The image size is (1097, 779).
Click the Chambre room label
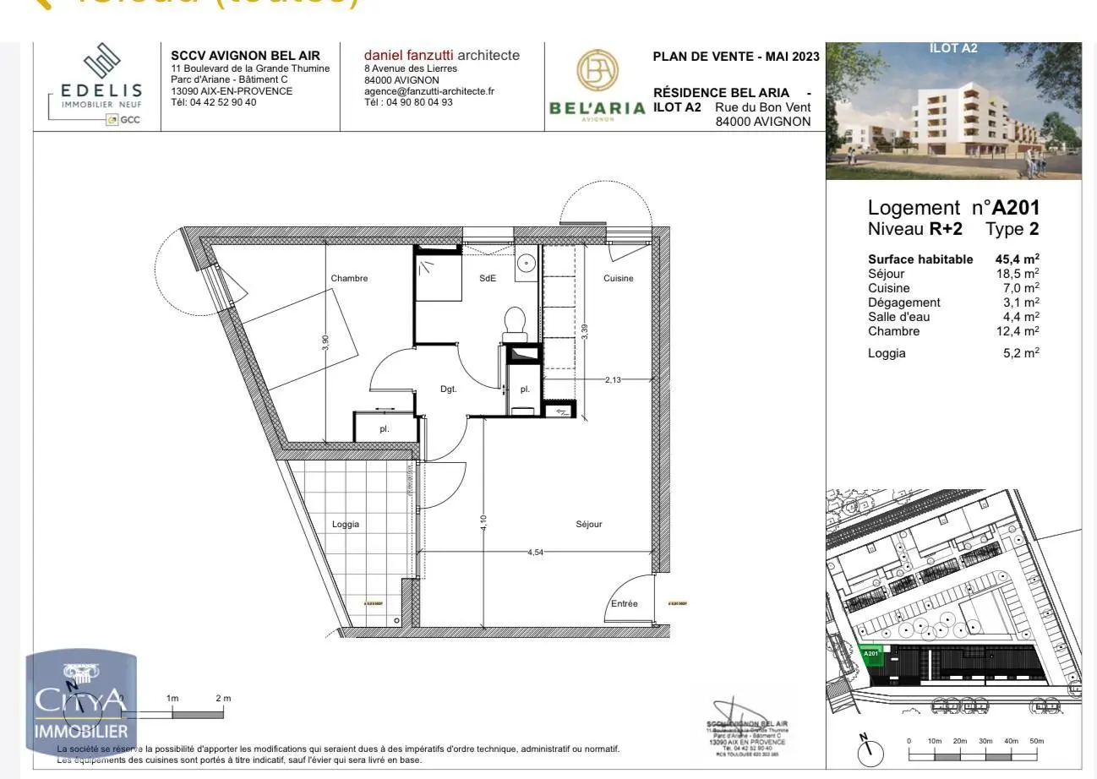click(x=349, y=279)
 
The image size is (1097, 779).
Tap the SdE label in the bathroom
click(x=488, y=279)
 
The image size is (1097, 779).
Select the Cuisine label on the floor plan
click(x=618, y=279)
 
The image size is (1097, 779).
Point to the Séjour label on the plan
click(x=589, y=525)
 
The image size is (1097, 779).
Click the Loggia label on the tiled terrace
click(x=345, y=525)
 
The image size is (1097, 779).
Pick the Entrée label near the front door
click(x=624, y=604)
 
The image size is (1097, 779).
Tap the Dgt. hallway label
click(x=449, y=389)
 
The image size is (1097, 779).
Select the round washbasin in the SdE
click(x=527, y=262)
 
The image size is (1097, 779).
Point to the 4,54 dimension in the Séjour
click(x=536, y=553)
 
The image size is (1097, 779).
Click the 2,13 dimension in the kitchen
click(x=613, y=380)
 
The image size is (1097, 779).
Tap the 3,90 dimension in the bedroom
click(x=325, y=342)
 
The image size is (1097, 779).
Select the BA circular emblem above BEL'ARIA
click(x=598, y=71)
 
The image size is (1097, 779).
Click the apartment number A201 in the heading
click(x=1016, y=208)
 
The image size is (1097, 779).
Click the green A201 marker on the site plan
click(x=871, y=655)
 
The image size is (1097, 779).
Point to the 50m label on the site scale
click(x=1036, y=741)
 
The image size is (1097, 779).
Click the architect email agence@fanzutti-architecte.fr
click(x=429, y=91)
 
